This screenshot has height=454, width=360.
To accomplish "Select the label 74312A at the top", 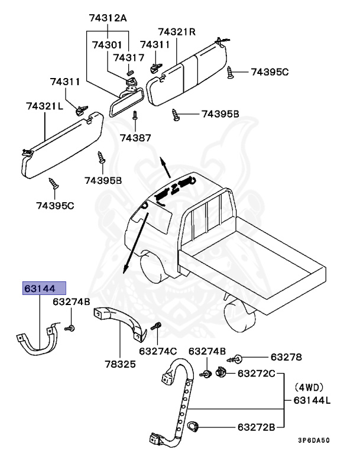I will coord(108,18).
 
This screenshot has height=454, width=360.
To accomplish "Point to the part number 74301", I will coord(106,44).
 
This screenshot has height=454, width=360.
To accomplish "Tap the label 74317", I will coord(128,57).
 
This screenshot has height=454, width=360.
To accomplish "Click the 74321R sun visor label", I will coord(180,32).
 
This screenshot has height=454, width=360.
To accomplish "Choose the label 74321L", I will coord(45,106).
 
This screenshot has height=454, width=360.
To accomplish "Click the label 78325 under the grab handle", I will coord(120,364).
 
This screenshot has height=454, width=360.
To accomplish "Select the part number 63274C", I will coord(158,351).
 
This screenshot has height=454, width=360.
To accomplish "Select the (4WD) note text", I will coord(310,388).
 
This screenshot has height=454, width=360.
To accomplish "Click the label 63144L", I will coord(312,400).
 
